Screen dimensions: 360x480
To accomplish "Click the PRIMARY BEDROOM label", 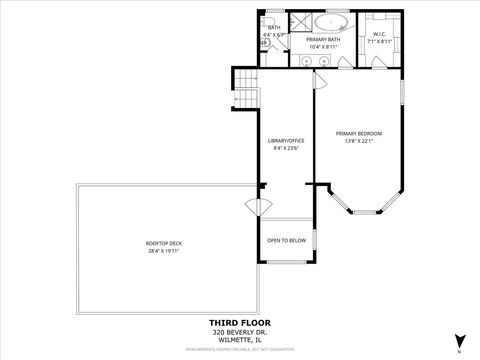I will pyautogui.click(x=358, y=133).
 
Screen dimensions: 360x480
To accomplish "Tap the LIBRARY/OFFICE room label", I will pyautogui.click(x=286, y=141).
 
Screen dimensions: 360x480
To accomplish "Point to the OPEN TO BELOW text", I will pyautogui.click(x=286, y=240).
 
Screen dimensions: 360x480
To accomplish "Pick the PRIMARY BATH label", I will pyautogui.click(x=324, y=39).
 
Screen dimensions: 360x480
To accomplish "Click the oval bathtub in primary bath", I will pyautogui.click(x=330, y=21).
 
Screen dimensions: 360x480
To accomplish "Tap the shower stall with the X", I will pyautogui.click(x=300, y=21).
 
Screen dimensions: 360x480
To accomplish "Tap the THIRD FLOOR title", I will pyautogui.click(x=240, y=322).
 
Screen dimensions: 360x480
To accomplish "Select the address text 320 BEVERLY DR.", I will pyautogui.click(x=240, y=331).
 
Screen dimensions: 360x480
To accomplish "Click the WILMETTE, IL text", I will pyautogui.click(x=240, y=338).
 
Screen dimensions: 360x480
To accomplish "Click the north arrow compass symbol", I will pyautogui.click(x=459, y=340).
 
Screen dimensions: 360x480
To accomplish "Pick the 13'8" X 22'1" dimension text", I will pyautogui.click(x=358, y=141).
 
